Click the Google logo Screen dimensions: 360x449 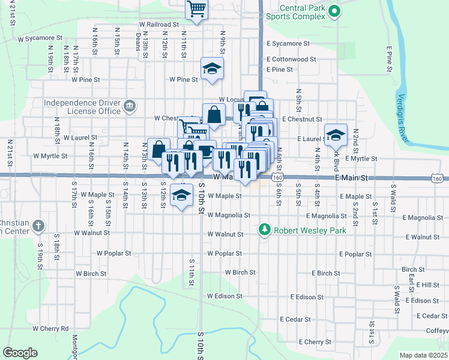(20, 352)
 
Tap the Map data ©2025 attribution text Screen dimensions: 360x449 (423, 355)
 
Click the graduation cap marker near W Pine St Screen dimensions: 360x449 (212, 69)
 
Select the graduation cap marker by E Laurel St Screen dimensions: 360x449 (336, 134)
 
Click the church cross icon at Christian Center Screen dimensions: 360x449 (38, 226)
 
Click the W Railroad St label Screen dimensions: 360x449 (159, 25)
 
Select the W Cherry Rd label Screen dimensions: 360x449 (51, 328)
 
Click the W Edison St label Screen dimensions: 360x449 (224, 296)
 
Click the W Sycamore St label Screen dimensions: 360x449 (40, 38)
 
